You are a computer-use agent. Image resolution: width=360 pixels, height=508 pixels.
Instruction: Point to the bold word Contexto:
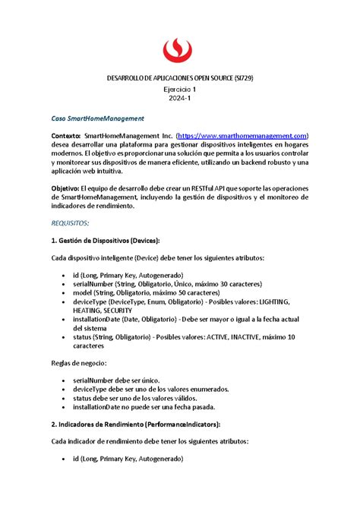click(69, 134)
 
